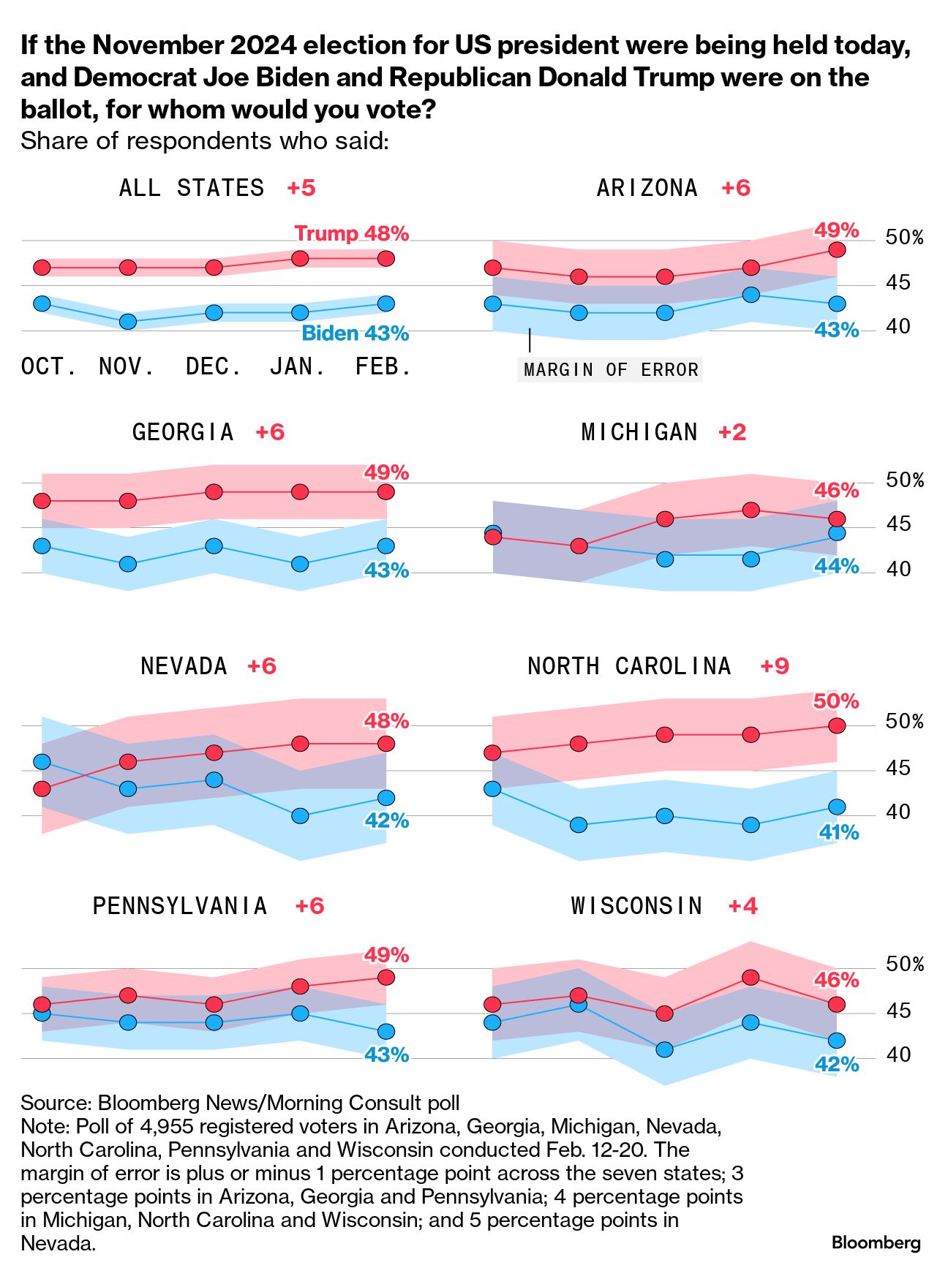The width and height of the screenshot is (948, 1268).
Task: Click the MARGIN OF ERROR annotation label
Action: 611,370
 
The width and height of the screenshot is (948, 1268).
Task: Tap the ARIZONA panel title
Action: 647,188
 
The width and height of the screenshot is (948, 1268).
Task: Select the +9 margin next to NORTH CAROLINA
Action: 775,666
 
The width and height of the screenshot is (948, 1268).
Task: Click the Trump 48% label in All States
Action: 351,234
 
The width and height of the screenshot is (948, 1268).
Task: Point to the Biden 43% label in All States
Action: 355,333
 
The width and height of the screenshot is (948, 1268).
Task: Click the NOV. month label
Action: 127,366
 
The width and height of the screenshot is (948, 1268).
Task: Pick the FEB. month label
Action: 383,366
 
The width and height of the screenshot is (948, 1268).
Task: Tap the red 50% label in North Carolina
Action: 836,701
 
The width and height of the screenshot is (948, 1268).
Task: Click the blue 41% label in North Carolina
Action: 838,832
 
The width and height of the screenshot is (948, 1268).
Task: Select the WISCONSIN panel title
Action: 636,906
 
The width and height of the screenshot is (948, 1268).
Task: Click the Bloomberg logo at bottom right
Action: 876,1242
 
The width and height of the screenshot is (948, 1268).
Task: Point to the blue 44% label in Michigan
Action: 837,566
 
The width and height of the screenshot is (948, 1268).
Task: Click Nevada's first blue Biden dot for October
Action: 42,762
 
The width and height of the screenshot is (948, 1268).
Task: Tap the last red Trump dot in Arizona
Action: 837,249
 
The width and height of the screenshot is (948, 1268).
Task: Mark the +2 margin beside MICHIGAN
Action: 732,432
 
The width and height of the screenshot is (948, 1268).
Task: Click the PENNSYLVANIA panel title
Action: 180,906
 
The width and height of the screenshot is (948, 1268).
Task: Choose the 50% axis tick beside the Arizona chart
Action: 904,238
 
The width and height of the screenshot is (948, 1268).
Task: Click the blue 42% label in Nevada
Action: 387,820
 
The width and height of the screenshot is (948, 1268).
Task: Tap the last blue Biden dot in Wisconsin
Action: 837,1040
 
